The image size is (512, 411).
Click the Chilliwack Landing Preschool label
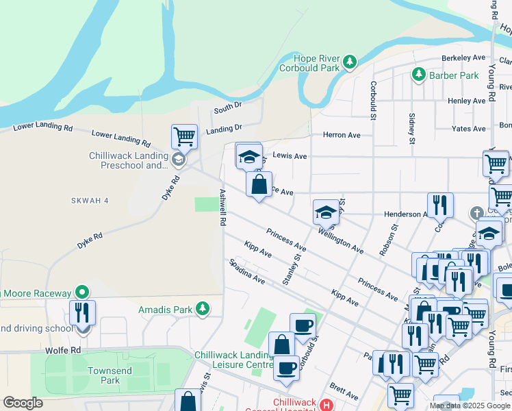129,160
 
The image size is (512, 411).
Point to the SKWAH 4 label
90,201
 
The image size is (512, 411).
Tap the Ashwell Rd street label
222,208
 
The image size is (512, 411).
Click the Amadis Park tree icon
202,309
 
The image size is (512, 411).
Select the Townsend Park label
110,375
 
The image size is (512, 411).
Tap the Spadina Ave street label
247,271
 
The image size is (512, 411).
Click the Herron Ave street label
342,135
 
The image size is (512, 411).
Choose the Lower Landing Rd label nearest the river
42,127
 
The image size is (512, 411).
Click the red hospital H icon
326,405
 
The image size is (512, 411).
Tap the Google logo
23,402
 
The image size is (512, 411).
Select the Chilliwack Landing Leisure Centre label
234,359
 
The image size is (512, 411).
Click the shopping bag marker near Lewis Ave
259,184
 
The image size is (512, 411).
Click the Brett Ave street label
344,392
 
